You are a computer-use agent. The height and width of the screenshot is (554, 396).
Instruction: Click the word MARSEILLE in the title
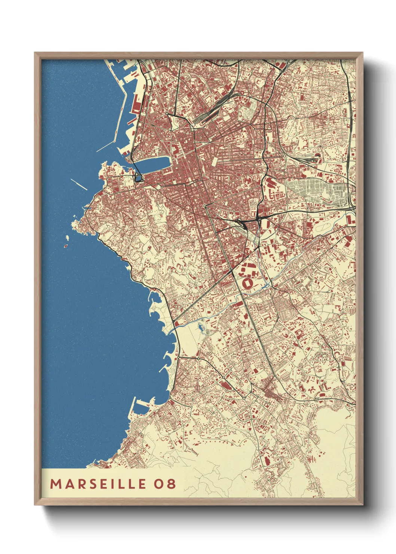pyautogui.click(x=98, y=484)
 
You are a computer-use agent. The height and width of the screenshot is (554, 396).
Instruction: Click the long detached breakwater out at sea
pyautogui.click(x=79, y=184)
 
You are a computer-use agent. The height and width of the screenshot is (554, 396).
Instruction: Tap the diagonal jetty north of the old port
pyautogui.click(x=106, y=146)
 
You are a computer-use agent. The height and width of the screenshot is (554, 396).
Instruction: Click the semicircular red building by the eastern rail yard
pyautogui.click(x=318, y=155)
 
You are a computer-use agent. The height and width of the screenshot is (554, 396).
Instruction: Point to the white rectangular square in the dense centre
pyautogui.click(x=214, y=161)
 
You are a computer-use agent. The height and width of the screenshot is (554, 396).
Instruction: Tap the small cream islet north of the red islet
pyautogui.click(x=68, y=237)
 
